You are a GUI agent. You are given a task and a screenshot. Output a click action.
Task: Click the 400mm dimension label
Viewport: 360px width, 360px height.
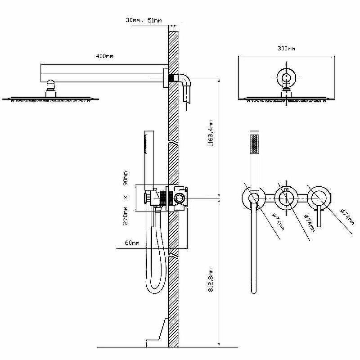[104, 56]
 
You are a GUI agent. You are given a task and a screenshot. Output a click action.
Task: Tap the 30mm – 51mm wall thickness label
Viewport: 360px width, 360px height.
[144, 20]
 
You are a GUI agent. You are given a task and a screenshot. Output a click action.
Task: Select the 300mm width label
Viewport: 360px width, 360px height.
[286, 49]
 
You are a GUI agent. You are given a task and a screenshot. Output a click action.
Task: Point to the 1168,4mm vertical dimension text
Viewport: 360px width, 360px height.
[211, 133]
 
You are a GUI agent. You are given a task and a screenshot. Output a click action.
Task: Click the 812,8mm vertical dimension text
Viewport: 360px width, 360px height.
[211, 280]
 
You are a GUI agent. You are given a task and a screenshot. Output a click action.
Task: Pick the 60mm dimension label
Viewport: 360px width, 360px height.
[132, 243]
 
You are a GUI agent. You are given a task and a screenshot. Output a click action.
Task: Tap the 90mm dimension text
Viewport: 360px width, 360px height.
[126, 178]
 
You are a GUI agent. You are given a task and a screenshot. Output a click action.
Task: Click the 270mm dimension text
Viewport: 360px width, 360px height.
[126, 216]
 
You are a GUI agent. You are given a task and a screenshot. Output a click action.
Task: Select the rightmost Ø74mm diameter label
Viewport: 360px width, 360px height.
[347, 216]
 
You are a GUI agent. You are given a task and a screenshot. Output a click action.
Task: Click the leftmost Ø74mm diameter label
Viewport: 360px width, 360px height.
[278, 221]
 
